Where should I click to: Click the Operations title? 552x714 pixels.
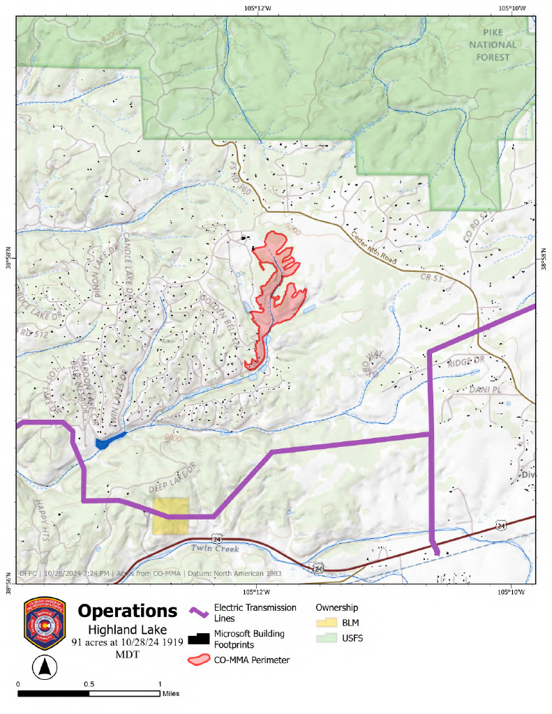click(x=127, y=611)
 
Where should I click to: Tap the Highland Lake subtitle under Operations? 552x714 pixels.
click(x=127, y=630)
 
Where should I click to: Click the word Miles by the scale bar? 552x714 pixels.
click(x=170, y=694)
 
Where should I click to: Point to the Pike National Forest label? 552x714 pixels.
click(x=498, y=45)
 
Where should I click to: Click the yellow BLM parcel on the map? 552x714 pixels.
click(x=170, y=516)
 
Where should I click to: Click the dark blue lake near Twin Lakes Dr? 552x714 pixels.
click(x=105, y=443)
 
